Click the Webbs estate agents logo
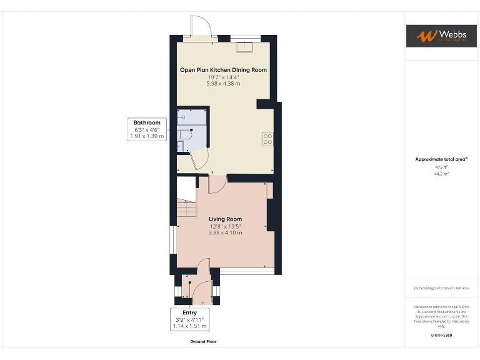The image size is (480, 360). click(441, 36)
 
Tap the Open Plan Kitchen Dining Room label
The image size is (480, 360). click(223, 70)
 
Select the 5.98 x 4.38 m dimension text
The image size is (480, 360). click(223, 84)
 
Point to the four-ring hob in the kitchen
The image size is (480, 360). click(267, 139)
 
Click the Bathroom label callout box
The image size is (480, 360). click(146, 129)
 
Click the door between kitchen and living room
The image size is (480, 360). click(217, 183)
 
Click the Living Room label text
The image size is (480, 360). click(225, 219)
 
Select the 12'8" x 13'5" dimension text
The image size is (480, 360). click(225, 226)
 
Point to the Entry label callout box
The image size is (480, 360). click(189, 319)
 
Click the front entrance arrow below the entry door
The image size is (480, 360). click(201, 304)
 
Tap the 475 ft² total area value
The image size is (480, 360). click(441, 167)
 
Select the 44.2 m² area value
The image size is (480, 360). click(441, 174)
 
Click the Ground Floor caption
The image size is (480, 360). click(203, 342)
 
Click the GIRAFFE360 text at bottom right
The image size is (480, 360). click(441, 336)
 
